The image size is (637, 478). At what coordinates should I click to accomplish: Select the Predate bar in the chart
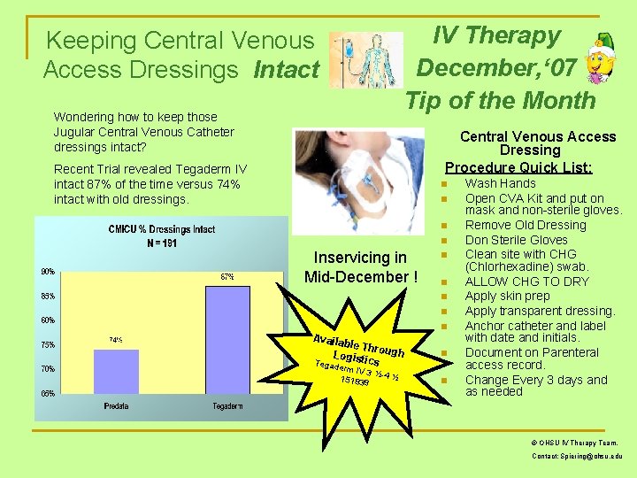(x=116, y=371)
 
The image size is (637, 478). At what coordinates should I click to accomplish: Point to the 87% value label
(x=227, y=277)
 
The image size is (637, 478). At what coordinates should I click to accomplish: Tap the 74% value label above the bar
(x=115, y=340)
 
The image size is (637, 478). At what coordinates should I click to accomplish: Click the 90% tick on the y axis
(x=46, y=271)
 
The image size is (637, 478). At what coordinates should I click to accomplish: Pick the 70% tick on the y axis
(x=46, y=368)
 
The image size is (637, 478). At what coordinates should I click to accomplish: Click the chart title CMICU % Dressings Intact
(x=161, y=230)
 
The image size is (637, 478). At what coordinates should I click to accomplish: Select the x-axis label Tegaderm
(x=228, y=406)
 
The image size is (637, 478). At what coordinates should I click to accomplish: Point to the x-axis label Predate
(x=116, y=406)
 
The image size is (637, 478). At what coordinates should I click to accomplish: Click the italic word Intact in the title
(x=286, y=69)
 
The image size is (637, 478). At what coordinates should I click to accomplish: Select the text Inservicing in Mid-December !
(x=361, y=267)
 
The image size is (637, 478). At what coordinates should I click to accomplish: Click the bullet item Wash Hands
(x=500, y=183)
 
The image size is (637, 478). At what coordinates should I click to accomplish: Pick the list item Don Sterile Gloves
(x=517, y=240)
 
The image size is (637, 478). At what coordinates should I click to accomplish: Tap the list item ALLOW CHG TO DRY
(x=527, y=281)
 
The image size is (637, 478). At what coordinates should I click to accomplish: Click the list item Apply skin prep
(x=507, y=296)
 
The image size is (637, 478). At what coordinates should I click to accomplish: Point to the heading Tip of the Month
(x=501, y=100)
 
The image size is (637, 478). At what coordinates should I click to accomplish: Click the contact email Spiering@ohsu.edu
(x=577, y=456)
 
